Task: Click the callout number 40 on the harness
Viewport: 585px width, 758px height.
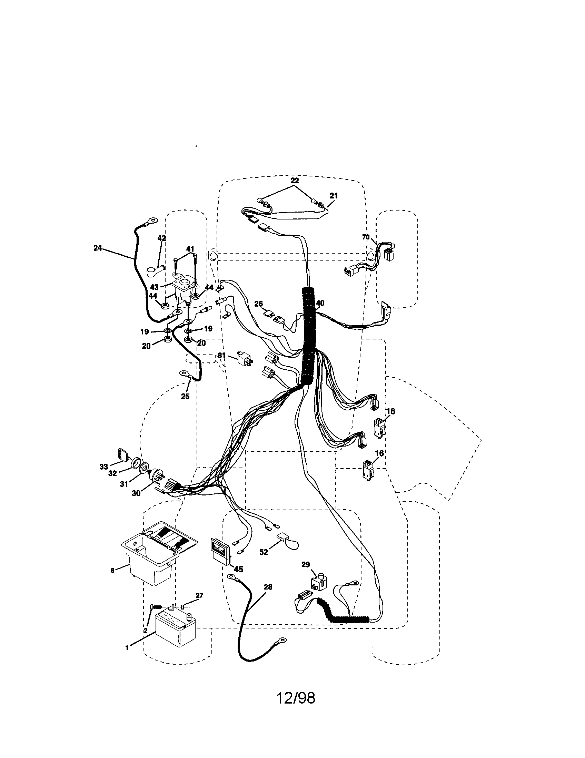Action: click(x=320, y=303)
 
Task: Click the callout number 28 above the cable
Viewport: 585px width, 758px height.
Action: click(x=268, y=587)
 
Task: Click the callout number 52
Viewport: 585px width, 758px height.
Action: click(x=264, y=552)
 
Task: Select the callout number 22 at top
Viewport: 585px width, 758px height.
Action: click(x=295, y=181)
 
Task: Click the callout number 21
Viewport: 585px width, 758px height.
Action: click(x=334, y=196)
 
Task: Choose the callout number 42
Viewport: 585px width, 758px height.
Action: click(x=162, y=238)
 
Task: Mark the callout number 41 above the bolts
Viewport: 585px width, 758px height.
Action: click(x=190, y=248)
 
